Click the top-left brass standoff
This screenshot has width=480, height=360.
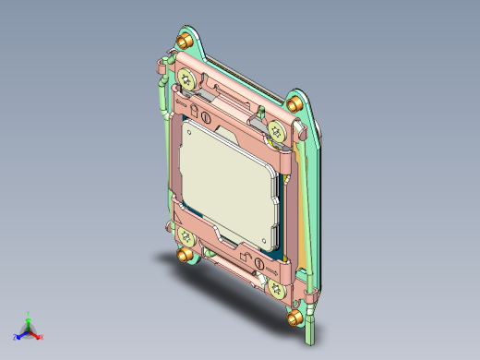(186, 41)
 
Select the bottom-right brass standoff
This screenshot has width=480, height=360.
(294, 317)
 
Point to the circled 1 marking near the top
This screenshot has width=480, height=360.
(208, 117)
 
